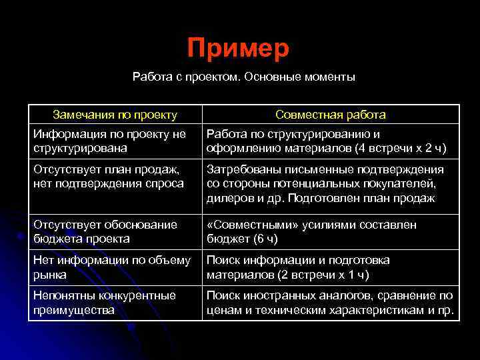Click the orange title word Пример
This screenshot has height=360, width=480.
point(238,48)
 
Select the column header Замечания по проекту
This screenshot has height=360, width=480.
point(115,115)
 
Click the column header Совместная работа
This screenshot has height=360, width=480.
point(331,115)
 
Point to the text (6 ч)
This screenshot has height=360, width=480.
point(264,238)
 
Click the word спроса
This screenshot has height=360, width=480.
point(165,183)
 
